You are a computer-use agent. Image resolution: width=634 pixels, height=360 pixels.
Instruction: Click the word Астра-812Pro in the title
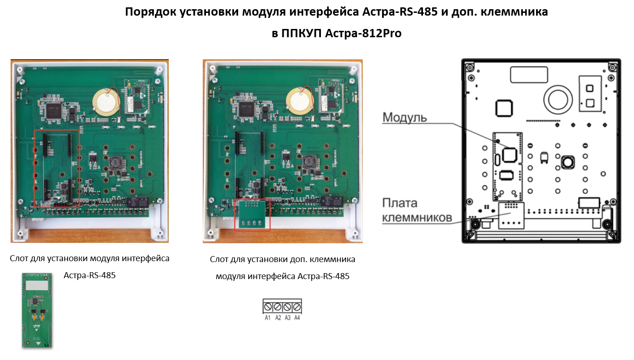tap(363, 34)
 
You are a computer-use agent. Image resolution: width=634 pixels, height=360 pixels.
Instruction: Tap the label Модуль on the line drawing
tap(405, 117)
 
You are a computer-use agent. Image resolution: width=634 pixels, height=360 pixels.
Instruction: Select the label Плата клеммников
tap(417, 210)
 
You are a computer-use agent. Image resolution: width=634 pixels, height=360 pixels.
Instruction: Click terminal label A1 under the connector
tap(268, 318)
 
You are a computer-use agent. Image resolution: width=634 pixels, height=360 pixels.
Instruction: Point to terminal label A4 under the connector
tap(297, 318)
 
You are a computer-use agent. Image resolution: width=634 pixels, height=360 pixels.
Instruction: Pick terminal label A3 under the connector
tap(287, 318)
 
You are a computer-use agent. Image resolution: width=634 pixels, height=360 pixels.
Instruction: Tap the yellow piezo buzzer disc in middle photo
tap(299, 101)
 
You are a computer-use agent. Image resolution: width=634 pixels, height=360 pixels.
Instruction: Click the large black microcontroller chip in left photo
tap(53, 110)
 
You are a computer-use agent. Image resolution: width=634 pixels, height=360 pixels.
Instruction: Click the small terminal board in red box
tap(252, 214)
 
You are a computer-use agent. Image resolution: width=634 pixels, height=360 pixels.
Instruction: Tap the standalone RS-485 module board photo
tap(37, 310)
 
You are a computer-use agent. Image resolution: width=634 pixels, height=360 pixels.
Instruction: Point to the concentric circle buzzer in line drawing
tap(558, 100)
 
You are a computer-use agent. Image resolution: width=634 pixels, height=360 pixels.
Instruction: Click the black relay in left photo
tap(137, 202)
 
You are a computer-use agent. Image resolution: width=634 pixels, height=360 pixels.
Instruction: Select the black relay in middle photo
tap(332, 201)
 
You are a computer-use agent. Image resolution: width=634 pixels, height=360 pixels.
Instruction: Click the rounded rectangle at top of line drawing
tap(529, 75)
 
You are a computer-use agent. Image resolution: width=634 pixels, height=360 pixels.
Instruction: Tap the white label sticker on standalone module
tap(37, 285)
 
